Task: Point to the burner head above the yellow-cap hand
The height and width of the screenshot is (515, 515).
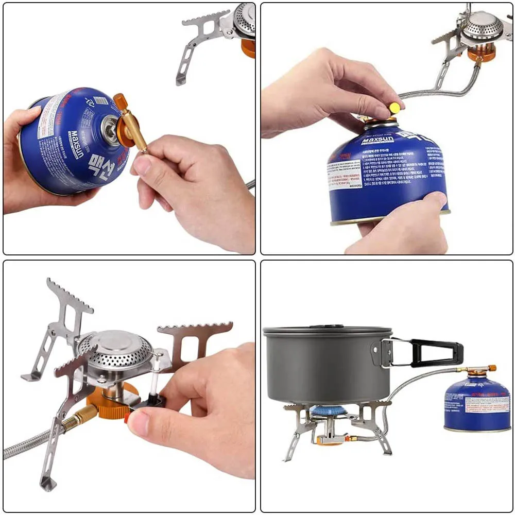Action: tap(482, 26)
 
